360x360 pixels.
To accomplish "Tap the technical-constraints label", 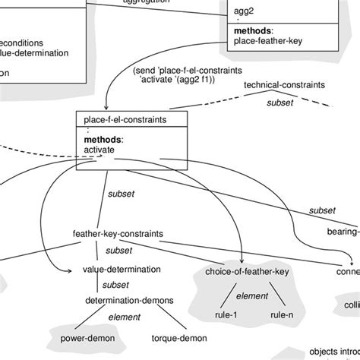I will [283, 86].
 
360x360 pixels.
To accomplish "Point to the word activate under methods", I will [99, 150].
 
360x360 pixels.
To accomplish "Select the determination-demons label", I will [129, 300].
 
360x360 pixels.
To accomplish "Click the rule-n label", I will [281, 314].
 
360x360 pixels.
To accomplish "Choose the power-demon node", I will [77, 336].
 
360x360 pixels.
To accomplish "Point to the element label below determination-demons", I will [125, 316].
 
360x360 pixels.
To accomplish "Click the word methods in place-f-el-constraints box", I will [103, 140].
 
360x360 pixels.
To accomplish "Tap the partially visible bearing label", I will [343, 231].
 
